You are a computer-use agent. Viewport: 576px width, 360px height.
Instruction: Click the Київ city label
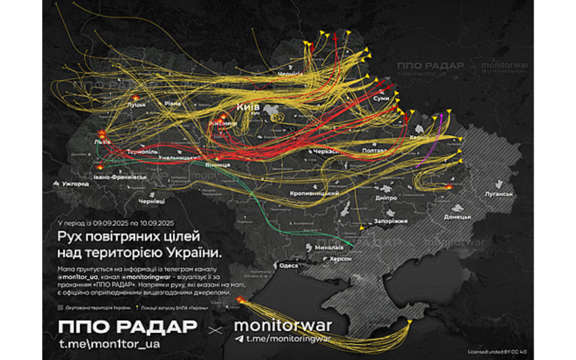[x=247, y=106]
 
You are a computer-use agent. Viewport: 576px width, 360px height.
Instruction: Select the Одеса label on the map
[x=289, y=265]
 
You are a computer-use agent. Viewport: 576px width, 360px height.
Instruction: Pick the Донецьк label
[x=457, y=216]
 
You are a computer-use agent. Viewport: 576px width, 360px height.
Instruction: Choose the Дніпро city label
[x=386, y=198]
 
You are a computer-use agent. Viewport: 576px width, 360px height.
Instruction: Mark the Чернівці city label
[x=152, y=200]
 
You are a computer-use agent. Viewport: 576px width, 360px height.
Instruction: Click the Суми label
[x=381, y=98]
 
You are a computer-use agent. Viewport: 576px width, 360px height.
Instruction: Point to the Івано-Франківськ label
[x=120, y=177]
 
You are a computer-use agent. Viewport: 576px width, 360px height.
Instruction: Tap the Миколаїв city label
[x=330, y=247]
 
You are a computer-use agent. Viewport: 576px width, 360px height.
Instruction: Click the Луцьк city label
[x=137, y=105]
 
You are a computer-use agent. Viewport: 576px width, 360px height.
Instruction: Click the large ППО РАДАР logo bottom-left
[x=127, y=327]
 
